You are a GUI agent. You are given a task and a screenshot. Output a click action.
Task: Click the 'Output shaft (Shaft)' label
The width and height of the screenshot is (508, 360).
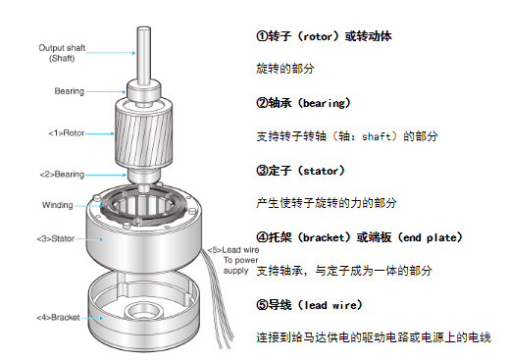click(62, 53)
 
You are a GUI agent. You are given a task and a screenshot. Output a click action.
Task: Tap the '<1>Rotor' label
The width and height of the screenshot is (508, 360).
click(67, 133)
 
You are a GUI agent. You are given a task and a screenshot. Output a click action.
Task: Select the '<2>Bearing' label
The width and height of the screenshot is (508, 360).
click(62, 175)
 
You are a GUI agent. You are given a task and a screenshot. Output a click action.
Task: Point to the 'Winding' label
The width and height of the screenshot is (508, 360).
click(58, 205)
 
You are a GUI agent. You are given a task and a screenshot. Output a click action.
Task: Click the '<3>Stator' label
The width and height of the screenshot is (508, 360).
click(56, 238)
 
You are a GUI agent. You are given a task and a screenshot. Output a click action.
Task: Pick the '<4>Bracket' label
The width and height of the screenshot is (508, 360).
click(58, 318)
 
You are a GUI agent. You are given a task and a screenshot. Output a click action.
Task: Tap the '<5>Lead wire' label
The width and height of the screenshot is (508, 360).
click(233, 250)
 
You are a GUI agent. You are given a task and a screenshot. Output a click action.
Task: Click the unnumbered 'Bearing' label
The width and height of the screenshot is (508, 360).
click(70, 91)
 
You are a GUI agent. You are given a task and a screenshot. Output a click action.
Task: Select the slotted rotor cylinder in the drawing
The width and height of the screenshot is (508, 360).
click(143, 134)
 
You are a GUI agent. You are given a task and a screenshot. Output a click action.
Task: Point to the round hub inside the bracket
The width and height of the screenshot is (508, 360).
click(144, 311)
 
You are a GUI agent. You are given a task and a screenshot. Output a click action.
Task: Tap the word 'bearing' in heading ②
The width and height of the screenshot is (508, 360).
click(324, 104)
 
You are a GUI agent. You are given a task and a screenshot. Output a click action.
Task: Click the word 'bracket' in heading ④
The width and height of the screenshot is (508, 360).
click(324, 237)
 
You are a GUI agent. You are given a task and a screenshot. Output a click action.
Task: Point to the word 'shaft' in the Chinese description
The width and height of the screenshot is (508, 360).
click(377, 136)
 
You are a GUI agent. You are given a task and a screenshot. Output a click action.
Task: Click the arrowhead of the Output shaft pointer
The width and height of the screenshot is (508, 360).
click(133, 53)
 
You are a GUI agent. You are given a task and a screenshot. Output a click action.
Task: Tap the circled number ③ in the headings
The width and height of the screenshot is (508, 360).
click(262, 171)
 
